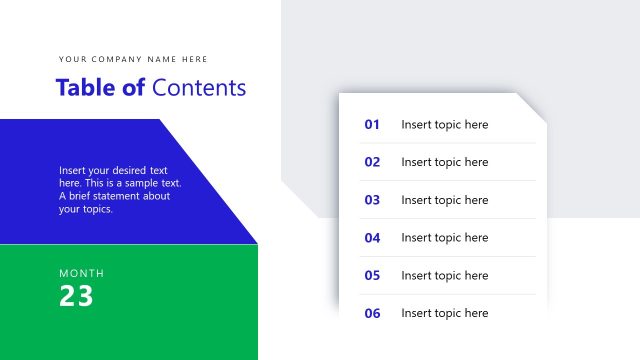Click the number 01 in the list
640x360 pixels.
coord(372,125)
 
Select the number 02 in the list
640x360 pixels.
coord(372,162)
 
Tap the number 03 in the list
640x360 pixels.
coord(372,200)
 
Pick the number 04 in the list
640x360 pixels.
coord(372,238)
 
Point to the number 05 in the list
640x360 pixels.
coord(372,275)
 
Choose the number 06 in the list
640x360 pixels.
coord(372,313)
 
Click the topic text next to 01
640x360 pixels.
coord(445,125)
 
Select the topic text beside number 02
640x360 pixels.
coord(445,162)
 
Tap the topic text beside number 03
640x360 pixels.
coord(445,200)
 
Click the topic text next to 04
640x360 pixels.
coord(445,238)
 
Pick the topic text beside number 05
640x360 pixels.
coord(445,275)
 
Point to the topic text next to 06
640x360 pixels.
coord(445,313)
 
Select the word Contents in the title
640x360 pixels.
coord(199,88)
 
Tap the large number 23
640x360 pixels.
coord(76,296)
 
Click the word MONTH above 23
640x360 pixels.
coord(81,273)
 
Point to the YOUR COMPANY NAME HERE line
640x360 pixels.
coord(133,59)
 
